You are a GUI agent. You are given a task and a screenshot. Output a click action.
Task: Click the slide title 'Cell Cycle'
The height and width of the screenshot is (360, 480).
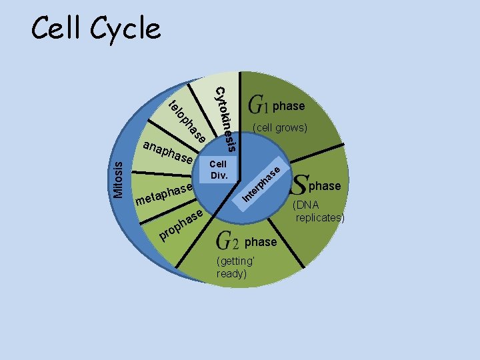[x=96, y=29]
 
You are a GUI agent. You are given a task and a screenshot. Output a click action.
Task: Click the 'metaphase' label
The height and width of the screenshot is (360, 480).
[x=164, y=194]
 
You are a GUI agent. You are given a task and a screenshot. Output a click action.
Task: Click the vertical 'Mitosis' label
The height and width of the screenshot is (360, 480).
[x=118, y=176]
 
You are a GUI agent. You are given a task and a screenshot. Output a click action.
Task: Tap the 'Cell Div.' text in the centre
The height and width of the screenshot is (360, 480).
[x=218, y=169]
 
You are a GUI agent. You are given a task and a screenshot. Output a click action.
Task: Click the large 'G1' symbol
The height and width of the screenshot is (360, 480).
[x=258, y=105]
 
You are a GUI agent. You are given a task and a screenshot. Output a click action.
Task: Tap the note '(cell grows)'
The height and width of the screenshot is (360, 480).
[x=279, y=127]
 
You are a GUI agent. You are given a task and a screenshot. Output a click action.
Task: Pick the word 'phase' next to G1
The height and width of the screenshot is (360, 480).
[x=289, y=106]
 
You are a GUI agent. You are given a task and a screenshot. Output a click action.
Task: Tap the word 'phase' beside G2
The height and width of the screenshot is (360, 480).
[x=261, y=242]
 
